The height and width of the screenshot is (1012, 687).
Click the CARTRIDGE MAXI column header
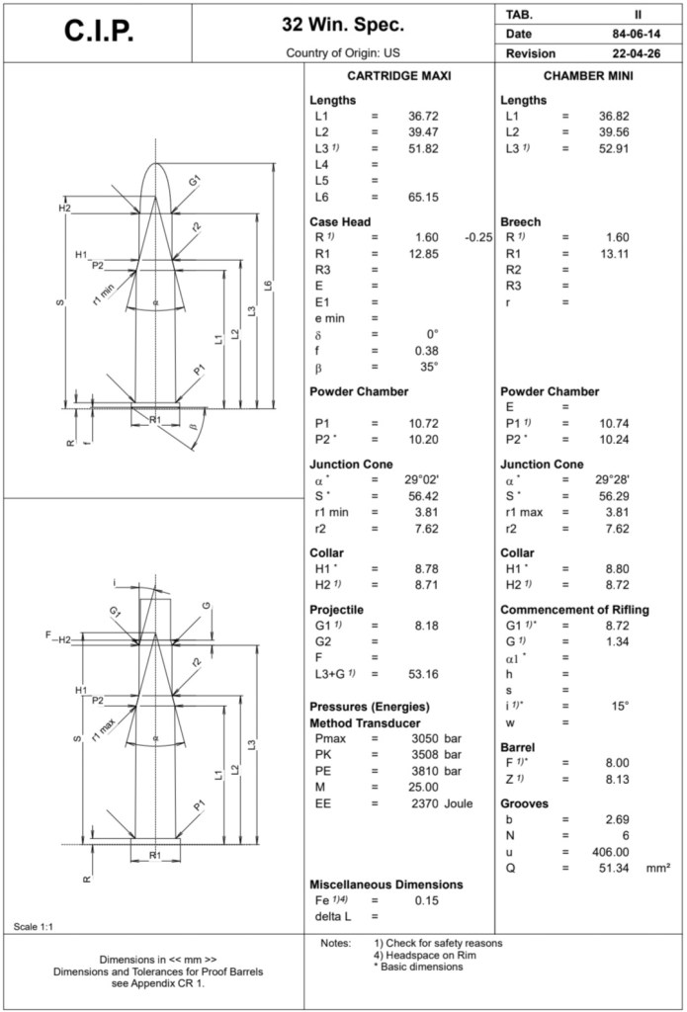398,76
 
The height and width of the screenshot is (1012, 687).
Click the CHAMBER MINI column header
588,76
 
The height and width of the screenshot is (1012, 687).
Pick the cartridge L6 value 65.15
423,197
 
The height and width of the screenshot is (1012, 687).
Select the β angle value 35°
426,366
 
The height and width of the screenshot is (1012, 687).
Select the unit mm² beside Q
659,867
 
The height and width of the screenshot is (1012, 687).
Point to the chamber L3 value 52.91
614,148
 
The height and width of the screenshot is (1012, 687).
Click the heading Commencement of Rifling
574,610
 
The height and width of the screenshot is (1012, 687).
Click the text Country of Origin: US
343,52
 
